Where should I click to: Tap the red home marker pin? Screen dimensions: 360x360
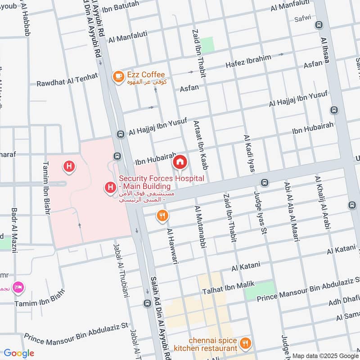point(180,162)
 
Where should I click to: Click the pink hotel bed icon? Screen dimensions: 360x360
point(18,287)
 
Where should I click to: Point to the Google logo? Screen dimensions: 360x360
point(18,353)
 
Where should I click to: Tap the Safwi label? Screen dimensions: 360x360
point(302,19)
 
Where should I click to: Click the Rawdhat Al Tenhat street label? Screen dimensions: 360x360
point(67,79)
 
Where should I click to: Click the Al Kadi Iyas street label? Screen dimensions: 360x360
point(248,153)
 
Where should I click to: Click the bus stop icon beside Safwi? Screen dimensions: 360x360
point(319,25)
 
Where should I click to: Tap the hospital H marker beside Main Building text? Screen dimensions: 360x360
point(109,186)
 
